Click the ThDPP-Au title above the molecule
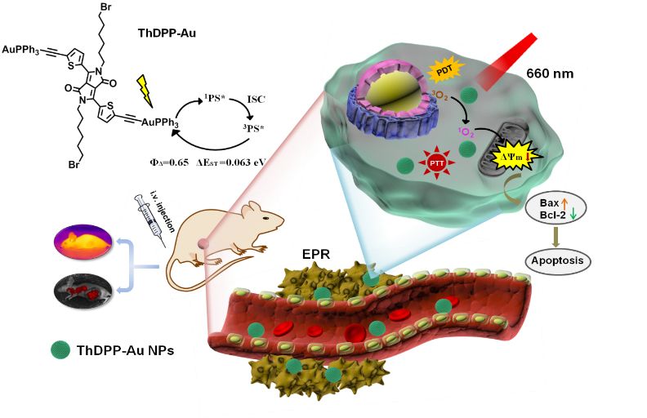point(167,32)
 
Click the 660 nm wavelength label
point(550,73)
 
